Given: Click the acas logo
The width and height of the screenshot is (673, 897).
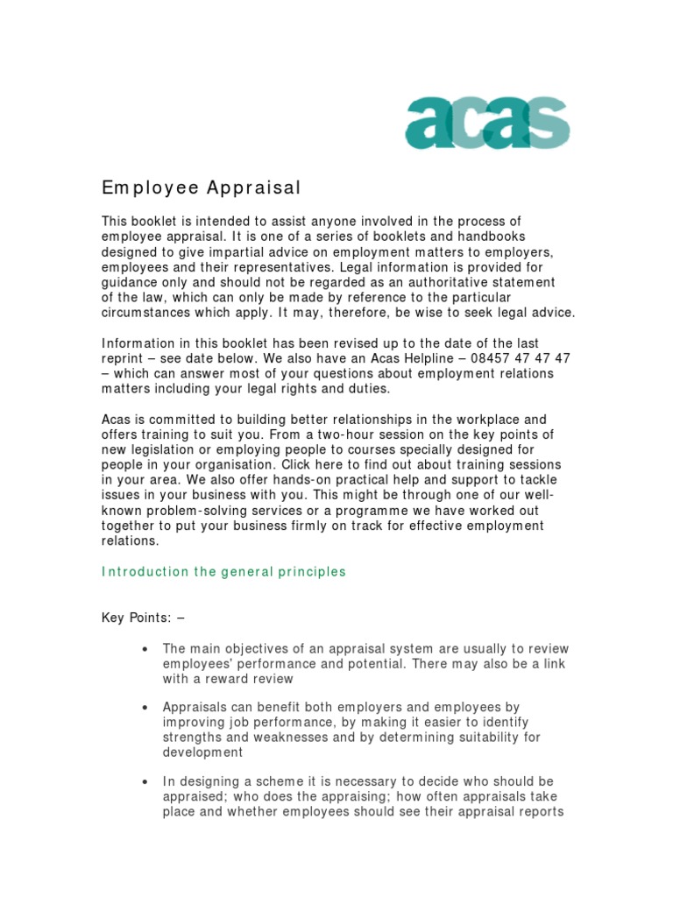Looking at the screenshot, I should pyautogui.click(x=487, y=123).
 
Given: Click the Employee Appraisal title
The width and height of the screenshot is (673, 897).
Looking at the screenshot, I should pyautogui.click(x=202, y=187).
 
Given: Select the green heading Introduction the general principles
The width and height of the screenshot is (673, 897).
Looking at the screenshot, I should pyautogui.click(x=224, y=572).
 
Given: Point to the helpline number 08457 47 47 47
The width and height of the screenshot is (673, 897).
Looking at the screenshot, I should pyautogui.click(x=521, y=358).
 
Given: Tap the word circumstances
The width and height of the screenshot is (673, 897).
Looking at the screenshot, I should pyautogui.click(x=148, y=313).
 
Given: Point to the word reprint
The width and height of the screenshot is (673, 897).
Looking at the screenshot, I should pyautogui.click(x=124, y=358).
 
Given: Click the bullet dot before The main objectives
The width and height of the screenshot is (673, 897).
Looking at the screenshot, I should pyautogui.click(x=144, y=649).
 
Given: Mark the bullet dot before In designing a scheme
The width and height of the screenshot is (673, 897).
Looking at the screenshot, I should pyautogui.click(x=144, y=781).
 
